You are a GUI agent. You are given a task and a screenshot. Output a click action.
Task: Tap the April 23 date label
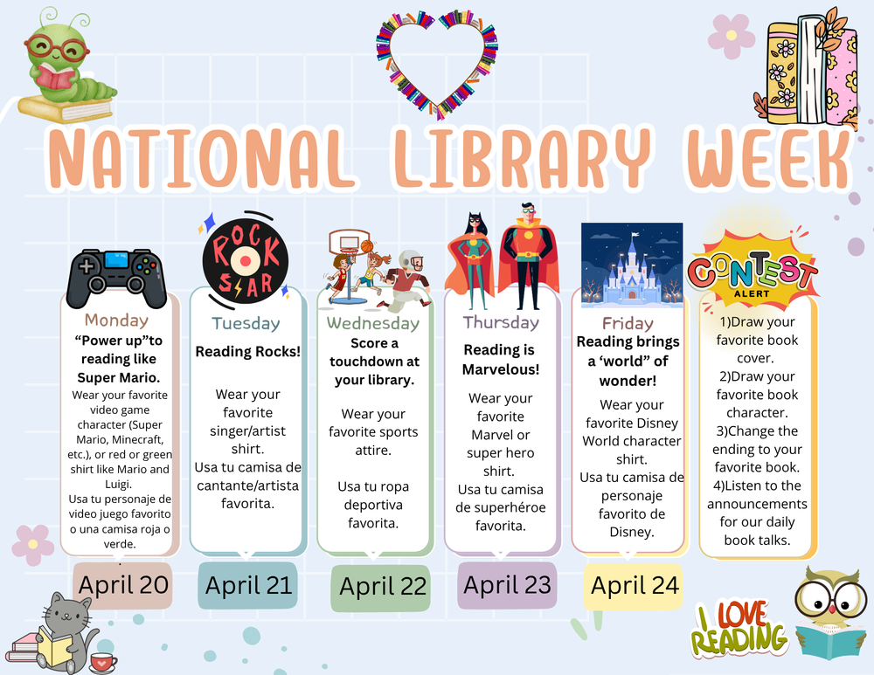coord(507,584)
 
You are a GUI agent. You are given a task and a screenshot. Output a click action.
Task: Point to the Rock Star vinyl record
coord(246,252)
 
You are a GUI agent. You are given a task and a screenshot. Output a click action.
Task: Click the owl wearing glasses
coord(830,610)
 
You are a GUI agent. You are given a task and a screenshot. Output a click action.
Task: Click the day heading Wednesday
coord(372,323)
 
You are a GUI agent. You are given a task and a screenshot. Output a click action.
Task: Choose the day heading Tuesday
coord(246,323)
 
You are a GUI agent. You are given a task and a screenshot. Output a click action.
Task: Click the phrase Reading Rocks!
coord(246,351)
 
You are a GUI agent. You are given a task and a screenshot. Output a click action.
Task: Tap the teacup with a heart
coord(103,662)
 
